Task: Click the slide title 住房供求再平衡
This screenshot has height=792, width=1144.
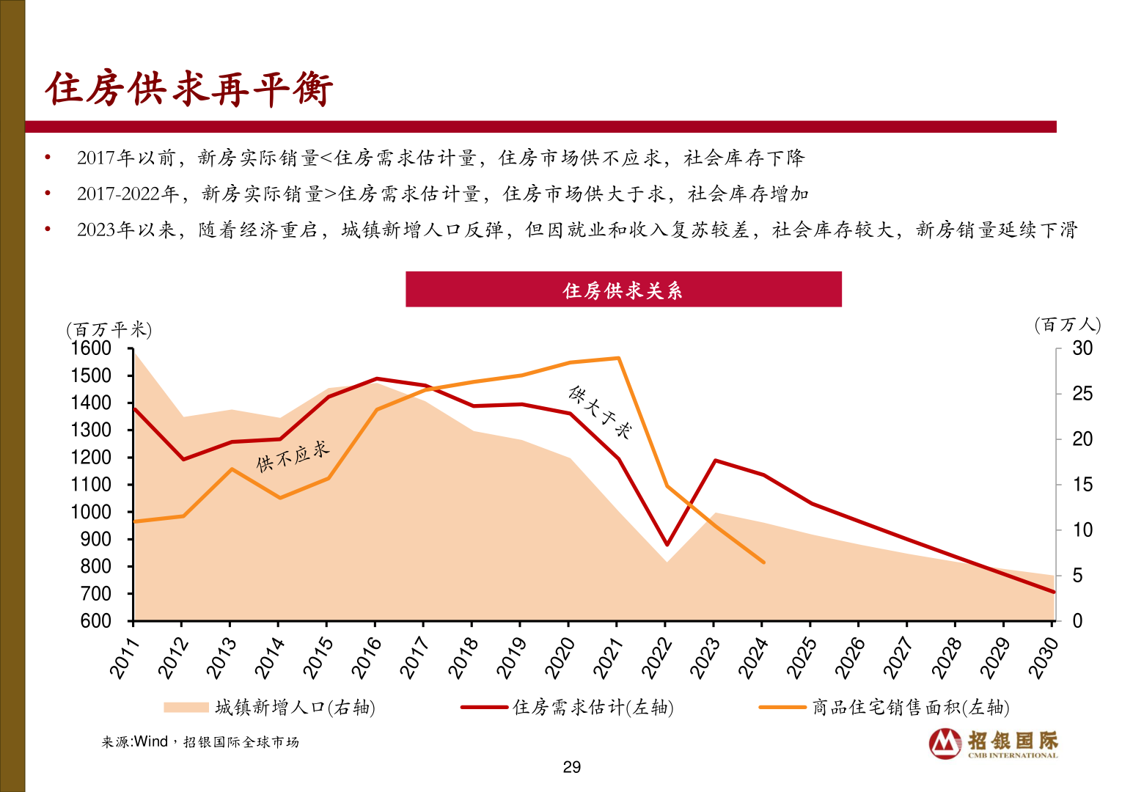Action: tap(189, 89)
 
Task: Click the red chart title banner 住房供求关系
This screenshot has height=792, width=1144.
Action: tap(623, 290)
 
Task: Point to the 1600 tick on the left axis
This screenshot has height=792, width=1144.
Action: tap(91, 348)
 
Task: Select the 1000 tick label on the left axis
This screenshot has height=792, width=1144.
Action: tap(91, 512)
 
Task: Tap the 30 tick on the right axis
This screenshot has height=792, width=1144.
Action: tap(1082, 348)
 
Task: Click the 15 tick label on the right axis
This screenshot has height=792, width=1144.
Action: tap(1082, 485)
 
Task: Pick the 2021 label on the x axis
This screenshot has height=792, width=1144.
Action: tap(608, 658)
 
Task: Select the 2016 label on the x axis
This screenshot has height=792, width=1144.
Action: tap(366, 658)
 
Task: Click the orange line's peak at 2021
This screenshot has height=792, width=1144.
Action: tap(618, 358)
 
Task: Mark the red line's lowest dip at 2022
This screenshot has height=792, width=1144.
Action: tap(667, 545)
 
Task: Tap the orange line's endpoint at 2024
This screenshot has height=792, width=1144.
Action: tap(763, 562)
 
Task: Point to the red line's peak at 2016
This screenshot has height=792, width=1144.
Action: tap(376, 379)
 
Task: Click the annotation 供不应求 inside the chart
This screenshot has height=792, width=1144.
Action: tap(293, 456)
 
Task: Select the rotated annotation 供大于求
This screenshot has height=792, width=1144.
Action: tap(599, 411)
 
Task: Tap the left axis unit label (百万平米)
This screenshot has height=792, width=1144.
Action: tap(109, 330)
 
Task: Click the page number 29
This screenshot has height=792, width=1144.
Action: tap(571, 767)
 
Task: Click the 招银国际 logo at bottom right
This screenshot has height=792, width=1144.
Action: tap(994, 743)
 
